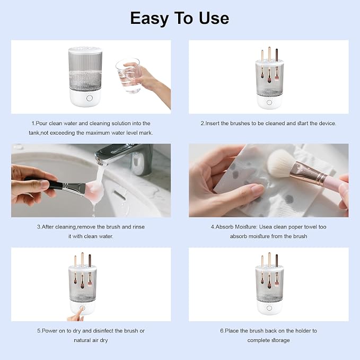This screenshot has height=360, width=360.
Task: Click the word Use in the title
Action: click(x=214, y=19)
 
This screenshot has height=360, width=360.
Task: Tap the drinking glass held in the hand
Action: click(x=128, y=75)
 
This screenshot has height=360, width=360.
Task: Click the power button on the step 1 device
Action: click(x=90, y=98)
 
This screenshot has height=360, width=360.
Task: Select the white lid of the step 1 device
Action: click(x=85, y=50)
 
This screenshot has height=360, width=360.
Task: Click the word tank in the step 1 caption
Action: click(x=34, y=133)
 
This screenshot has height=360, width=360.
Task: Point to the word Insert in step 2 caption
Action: click(x=212, y=124)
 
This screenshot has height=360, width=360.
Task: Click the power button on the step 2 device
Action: click(x=269, y=102)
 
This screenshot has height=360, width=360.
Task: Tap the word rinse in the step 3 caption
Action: click(x=139, y=227)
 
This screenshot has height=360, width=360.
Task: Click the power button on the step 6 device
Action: click(x=269, y=308)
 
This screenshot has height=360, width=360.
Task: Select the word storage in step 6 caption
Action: click(x=280, y=340)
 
